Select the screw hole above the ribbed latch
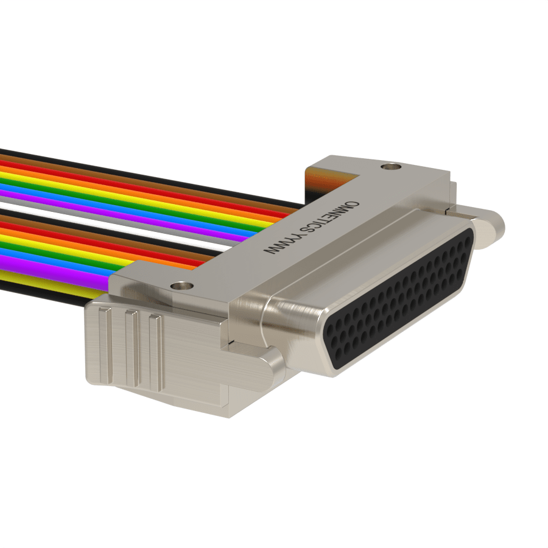pos(181,286)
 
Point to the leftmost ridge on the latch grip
pos(105,346)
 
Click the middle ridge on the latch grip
pos(132,350)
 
